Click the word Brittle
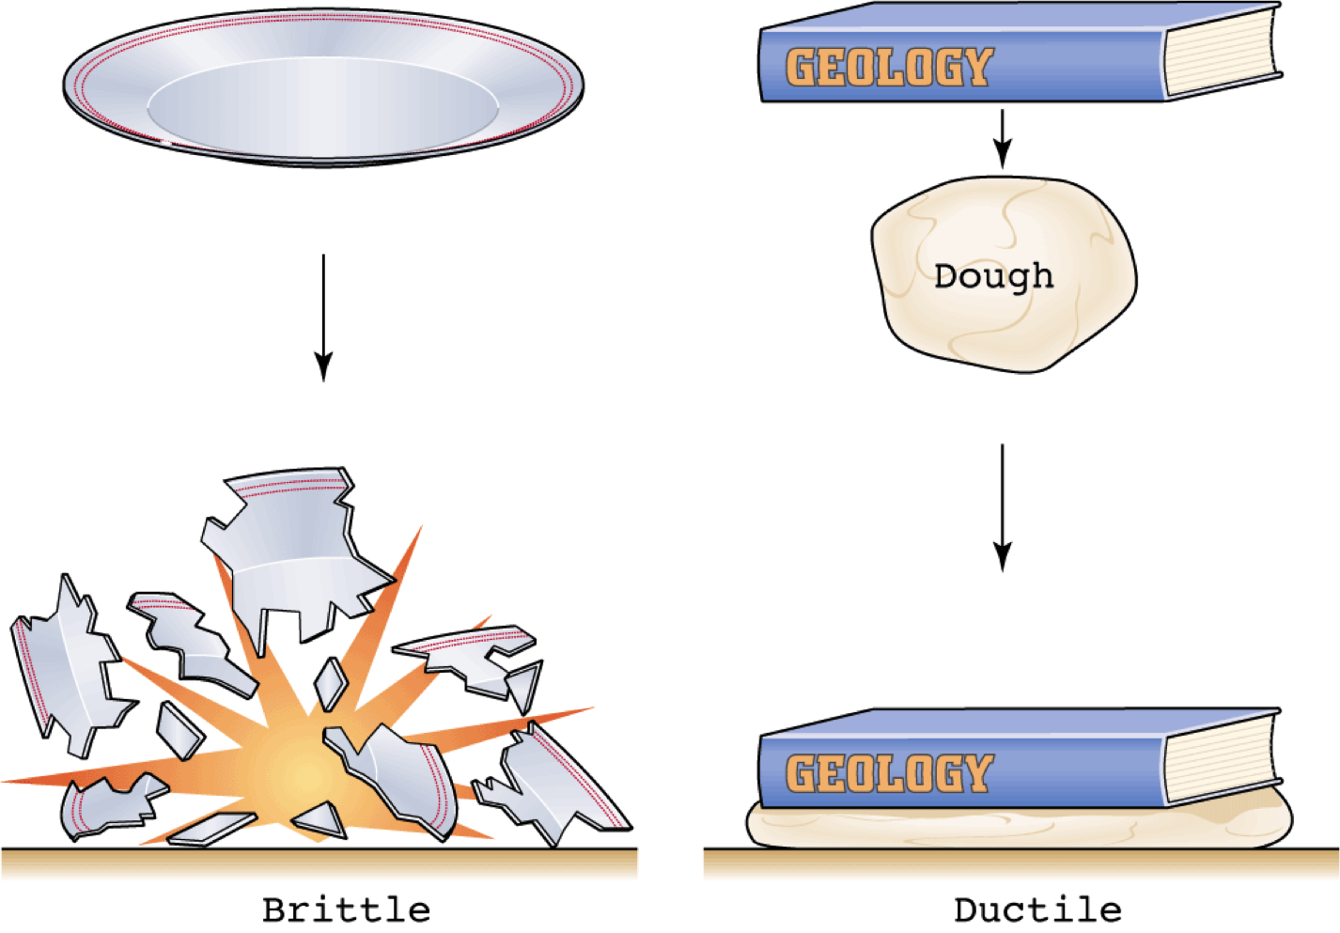click(346, 910)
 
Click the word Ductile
click(1037, 910)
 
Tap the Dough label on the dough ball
click(993, 275)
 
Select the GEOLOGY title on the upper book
click(889, 68)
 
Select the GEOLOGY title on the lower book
click(889, 773)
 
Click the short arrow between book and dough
click(1003, 138)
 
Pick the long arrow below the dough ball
click(1003, 507)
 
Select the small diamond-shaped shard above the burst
click(331, 683)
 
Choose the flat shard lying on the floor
click(212, 828)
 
